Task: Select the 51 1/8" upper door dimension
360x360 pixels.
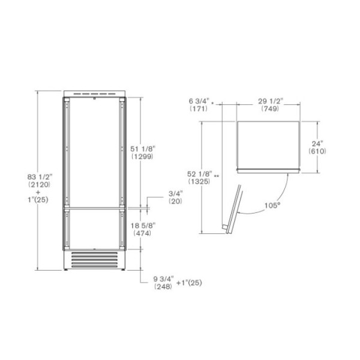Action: [143, 149]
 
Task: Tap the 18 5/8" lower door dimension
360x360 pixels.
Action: [143, 226]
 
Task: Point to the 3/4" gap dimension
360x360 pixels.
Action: [176, 193]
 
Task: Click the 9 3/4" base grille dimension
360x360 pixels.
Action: [163, 279]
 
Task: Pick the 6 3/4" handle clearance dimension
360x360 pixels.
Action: [199, 101]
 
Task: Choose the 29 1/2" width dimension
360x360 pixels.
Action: [271, 101]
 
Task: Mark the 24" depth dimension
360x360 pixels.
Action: [317, 143]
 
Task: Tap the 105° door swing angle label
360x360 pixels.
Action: [272, 205]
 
